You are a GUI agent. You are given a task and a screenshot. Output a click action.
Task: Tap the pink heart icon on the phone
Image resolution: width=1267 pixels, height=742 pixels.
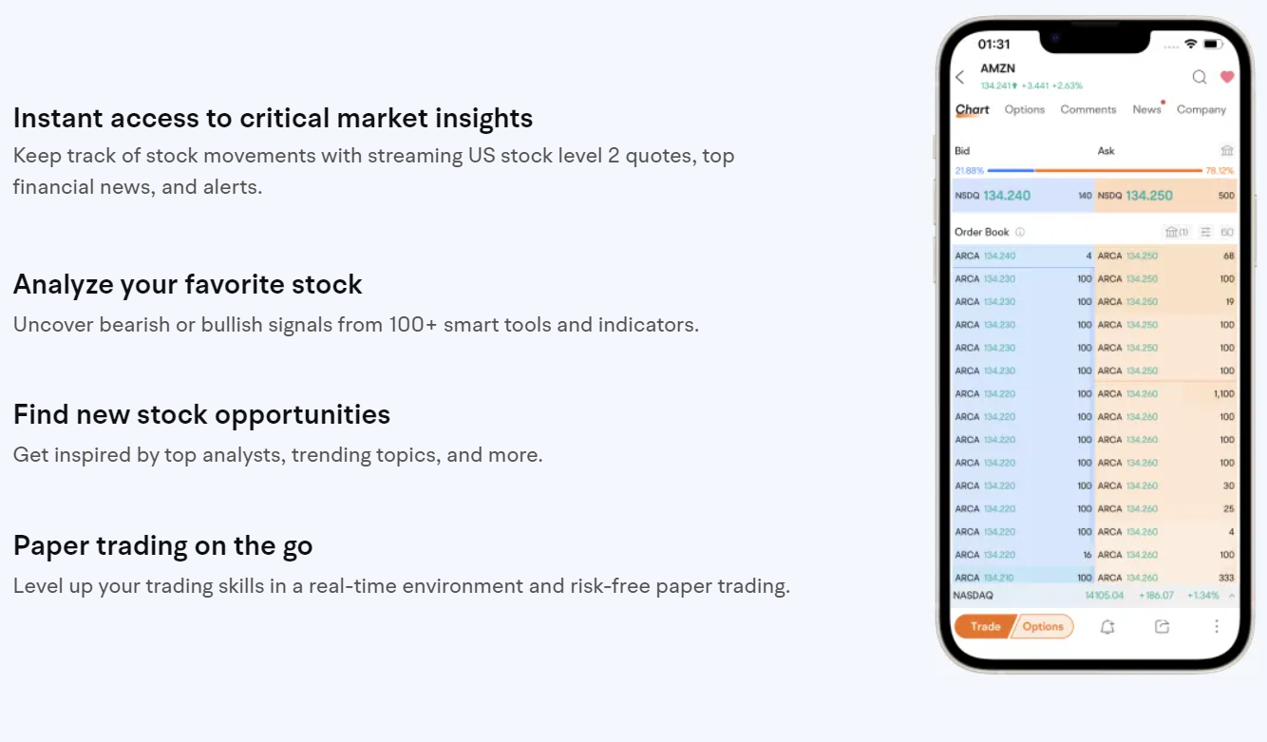[x=1227, y=77]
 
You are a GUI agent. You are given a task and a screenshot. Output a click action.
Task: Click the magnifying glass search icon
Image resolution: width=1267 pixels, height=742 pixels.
[x=1200, y=77]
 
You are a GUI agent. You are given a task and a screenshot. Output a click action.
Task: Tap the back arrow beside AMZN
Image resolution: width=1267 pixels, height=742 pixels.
[x=960, y=78]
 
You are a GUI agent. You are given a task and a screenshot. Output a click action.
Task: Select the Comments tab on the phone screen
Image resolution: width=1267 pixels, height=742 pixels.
[x=1088, y=110]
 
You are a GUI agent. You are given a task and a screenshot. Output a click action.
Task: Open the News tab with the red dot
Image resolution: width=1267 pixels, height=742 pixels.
[x=1146, y=110]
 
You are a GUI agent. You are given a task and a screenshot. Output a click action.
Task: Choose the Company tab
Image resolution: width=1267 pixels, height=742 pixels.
[x=1201, y=110]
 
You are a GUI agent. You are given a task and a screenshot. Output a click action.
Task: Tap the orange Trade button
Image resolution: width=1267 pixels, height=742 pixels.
[x=985, y=626]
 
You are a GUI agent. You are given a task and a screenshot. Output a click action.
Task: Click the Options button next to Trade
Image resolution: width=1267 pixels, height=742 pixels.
[x=1043, y=626]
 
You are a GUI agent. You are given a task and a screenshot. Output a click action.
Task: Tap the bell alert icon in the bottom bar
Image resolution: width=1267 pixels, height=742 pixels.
[x=1107, y=627]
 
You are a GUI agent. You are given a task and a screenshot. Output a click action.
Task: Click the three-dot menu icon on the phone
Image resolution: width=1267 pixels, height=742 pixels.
[x=1217, y=627]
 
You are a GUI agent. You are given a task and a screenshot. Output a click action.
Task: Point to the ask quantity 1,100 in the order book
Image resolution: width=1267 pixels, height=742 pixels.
[x=1222, y=394]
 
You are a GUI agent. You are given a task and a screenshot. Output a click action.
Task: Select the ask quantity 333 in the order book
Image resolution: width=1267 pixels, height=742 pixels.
[x=1225, y=578]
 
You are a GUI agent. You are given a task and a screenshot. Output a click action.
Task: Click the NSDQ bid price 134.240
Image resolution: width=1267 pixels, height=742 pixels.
[x=1007, y=196]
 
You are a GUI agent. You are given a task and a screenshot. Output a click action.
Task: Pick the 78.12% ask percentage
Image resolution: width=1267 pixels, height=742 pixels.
[x=1220, y=171]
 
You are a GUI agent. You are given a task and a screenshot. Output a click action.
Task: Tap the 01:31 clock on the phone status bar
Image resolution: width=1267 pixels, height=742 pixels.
[x=994, y=45]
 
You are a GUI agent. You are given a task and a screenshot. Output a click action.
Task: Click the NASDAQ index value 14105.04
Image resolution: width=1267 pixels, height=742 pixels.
[x=1105, y=596]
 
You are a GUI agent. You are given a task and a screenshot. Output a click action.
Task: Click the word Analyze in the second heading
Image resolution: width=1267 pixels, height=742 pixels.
[x=63, y=285]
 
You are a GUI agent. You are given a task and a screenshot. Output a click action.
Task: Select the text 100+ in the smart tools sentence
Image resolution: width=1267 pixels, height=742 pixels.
[x=413, y=325]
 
